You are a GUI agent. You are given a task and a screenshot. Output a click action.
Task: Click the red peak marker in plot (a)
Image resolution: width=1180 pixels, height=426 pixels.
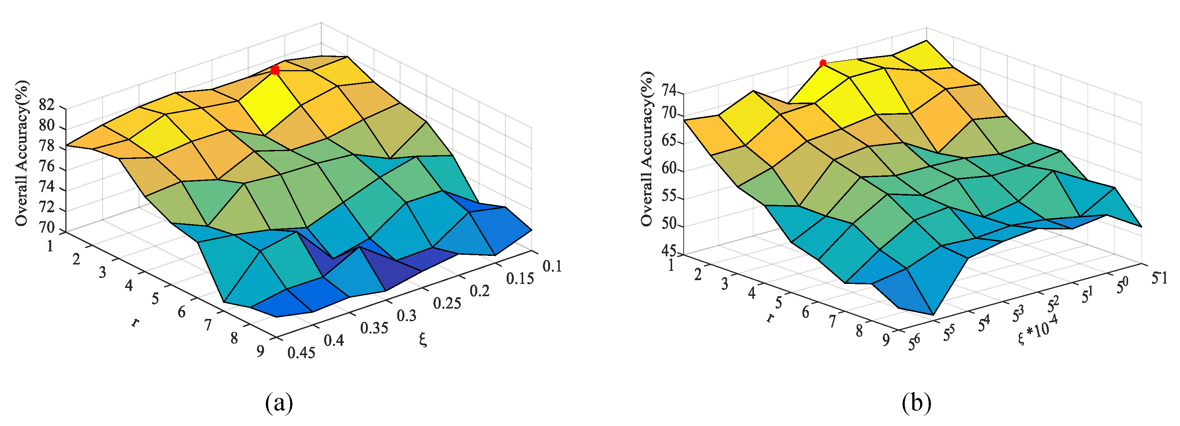275,70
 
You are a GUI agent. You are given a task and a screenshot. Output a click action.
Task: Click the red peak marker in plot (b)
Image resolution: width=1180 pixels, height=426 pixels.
823,63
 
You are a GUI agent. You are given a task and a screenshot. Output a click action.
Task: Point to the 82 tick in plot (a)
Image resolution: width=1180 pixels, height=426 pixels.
47,106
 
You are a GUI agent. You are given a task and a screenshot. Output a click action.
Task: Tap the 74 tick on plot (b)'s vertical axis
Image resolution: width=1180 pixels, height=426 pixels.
669,91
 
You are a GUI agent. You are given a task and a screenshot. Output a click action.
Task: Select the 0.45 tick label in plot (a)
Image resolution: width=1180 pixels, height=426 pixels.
301,353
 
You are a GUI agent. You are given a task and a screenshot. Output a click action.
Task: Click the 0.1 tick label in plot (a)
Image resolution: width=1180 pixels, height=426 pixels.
552,266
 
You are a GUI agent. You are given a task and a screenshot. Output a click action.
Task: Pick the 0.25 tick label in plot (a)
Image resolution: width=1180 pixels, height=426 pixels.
447,303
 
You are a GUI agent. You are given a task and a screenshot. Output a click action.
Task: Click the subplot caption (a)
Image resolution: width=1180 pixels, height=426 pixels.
279,403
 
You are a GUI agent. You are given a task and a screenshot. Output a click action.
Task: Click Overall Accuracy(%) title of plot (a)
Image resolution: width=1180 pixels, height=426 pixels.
22,153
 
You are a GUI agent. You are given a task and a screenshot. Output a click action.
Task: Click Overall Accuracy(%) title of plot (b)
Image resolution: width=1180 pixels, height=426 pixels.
647,149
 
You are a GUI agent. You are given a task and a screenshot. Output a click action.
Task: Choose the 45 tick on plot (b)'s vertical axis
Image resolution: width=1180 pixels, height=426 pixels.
669,251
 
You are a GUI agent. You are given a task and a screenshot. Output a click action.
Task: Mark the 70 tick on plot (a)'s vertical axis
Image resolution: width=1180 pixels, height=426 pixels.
47,228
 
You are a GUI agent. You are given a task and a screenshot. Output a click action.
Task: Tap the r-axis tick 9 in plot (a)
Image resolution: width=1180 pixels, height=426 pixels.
260,351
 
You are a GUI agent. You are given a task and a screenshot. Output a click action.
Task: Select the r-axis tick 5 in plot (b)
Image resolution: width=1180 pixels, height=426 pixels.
778,303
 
